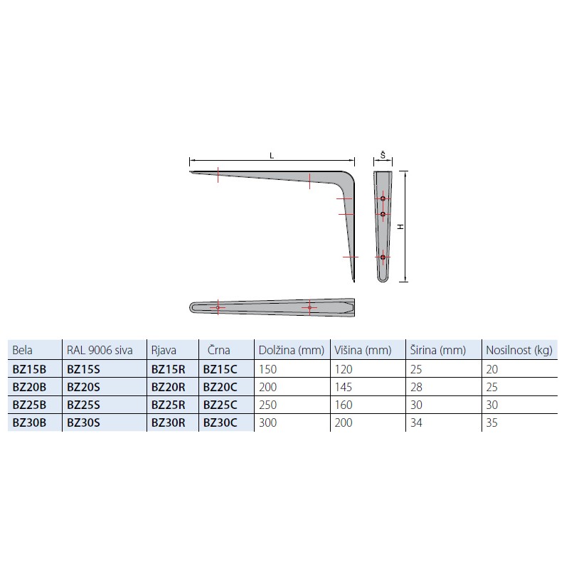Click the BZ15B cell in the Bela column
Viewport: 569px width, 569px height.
coord(29,369)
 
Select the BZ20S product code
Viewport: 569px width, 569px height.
coord(83,387)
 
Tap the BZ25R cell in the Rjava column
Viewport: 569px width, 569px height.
coord(169,405)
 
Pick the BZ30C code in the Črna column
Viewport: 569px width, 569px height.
coord(220,422)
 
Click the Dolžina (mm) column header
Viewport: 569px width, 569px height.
coord(292,350)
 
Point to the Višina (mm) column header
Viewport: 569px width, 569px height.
coord(363,350)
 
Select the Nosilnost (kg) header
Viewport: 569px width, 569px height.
coord(519,350)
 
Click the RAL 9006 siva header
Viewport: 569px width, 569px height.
coord(100,350)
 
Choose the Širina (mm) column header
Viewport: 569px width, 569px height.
coord(438,350)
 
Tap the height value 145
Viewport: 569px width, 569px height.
coord(344,387)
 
